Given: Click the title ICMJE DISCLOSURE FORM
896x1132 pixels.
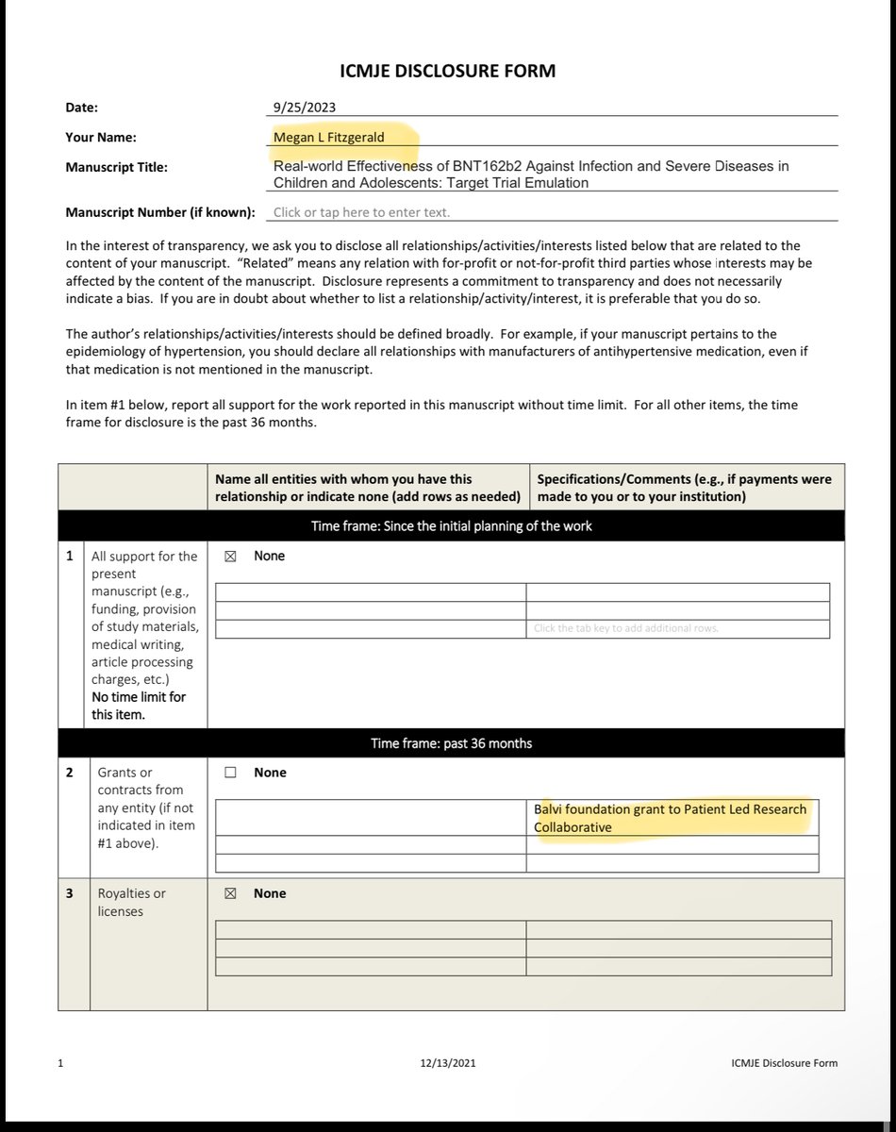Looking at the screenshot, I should pos(447,71).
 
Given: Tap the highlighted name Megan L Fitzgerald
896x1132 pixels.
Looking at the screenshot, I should pos(329,137).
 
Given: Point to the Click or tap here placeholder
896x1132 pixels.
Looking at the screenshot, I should pos(361,212).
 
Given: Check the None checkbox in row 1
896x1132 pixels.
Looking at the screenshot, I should pos(229,557).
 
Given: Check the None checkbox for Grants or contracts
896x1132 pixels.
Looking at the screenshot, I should pos(230,773).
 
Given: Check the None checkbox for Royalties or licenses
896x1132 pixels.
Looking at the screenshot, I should pos(229,893).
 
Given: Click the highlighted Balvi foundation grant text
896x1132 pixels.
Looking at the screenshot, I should pos(670,819).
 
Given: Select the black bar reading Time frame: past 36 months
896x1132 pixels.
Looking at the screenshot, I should pos(451,743).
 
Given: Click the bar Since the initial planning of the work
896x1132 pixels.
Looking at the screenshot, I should pos(451,525).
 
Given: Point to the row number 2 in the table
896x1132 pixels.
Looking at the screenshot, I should pos(69,773).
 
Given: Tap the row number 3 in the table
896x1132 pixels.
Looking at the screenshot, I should pos(69,893).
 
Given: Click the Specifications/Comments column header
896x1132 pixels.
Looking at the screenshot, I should pos(684,488).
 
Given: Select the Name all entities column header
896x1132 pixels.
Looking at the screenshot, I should pos(368,488).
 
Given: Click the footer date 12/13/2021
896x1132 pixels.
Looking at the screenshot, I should pos(448,1063).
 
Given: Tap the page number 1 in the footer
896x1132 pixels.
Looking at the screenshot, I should pos(60,1063).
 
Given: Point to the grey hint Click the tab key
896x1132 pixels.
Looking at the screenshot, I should pos(626,628).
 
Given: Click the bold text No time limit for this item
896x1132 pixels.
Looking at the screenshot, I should pos(138,706).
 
